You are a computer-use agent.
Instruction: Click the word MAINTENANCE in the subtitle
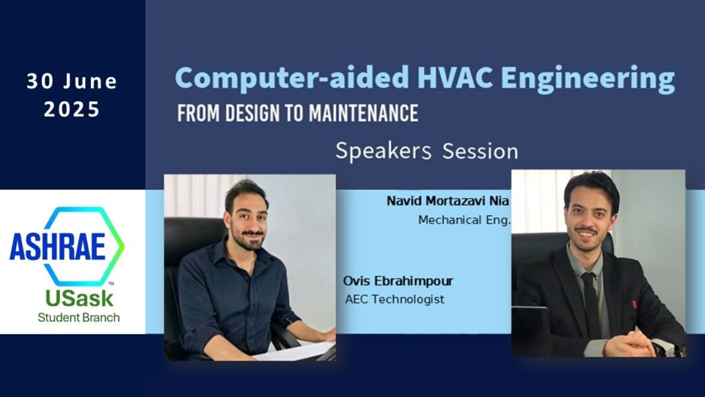(x=361, y=112)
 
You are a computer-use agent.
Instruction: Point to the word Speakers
(x=383, y=151)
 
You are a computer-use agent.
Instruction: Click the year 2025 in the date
(x=72, y=110)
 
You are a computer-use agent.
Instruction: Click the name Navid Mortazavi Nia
(x=448, y=202)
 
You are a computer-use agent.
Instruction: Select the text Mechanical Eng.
(x=464, y=221)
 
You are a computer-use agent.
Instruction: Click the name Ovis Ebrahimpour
(x=398, y=282)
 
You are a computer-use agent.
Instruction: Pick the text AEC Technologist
(x=394, y=299)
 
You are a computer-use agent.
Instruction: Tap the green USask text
(x=78, y=298)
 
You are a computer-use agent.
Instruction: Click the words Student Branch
(x=78, y=318)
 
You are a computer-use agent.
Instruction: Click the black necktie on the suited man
(x=591, y=303)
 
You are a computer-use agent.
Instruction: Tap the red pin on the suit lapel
(x=633, y=304)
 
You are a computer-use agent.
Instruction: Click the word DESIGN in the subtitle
(x=239, y=112)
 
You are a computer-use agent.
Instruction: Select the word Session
(x=480, y=151)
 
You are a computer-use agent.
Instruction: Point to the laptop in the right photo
(x=531, y=331)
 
